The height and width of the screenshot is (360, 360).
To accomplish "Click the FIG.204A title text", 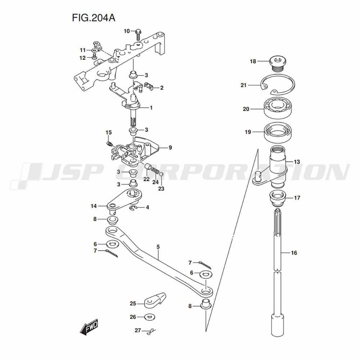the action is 94,18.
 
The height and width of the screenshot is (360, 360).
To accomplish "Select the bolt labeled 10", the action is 138,35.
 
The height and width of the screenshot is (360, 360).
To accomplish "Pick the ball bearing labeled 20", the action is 278,108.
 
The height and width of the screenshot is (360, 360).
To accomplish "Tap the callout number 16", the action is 294,253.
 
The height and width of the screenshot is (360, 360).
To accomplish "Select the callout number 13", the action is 297,162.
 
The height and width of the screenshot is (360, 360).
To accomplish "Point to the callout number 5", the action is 158,247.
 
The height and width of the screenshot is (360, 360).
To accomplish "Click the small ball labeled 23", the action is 161,174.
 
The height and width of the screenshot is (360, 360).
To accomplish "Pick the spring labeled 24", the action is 156,171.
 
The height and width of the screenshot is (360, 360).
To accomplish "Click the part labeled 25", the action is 155,300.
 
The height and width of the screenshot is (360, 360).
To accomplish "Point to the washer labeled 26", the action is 150,317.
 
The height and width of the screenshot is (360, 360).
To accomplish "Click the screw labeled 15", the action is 109,144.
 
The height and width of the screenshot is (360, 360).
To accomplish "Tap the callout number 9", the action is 170,147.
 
